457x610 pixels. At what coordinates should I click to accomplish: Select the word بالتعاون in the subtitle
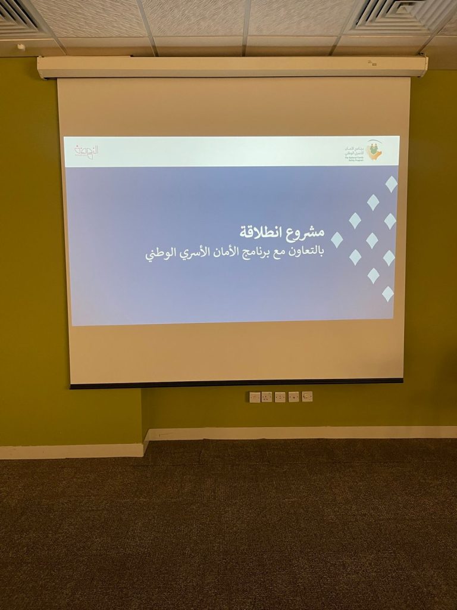(x=302, y=252)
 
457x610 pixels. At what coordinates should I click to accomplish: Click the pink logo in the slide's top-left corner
(x=86, y=151)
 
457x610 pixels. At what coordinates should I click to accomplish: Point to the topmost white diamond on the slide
(x=391, y=183)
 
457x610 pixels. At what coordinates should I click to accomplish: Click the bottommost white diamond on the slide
(x=387, y=293)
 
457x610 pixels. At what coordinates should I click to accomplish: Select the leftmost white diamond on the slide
(x=337, y=239)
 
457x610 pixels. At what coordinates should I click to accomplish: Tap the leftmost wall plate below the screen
(x=254, y=397)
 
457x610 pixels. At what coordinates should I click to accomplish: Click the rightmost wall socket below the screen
(x=307, y=396)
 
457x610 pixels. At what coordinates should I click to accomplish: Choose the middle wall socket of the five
(x=280, y=397)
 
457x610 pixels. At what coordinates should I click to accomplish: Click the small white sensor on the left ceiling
(x=21, y=46)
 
